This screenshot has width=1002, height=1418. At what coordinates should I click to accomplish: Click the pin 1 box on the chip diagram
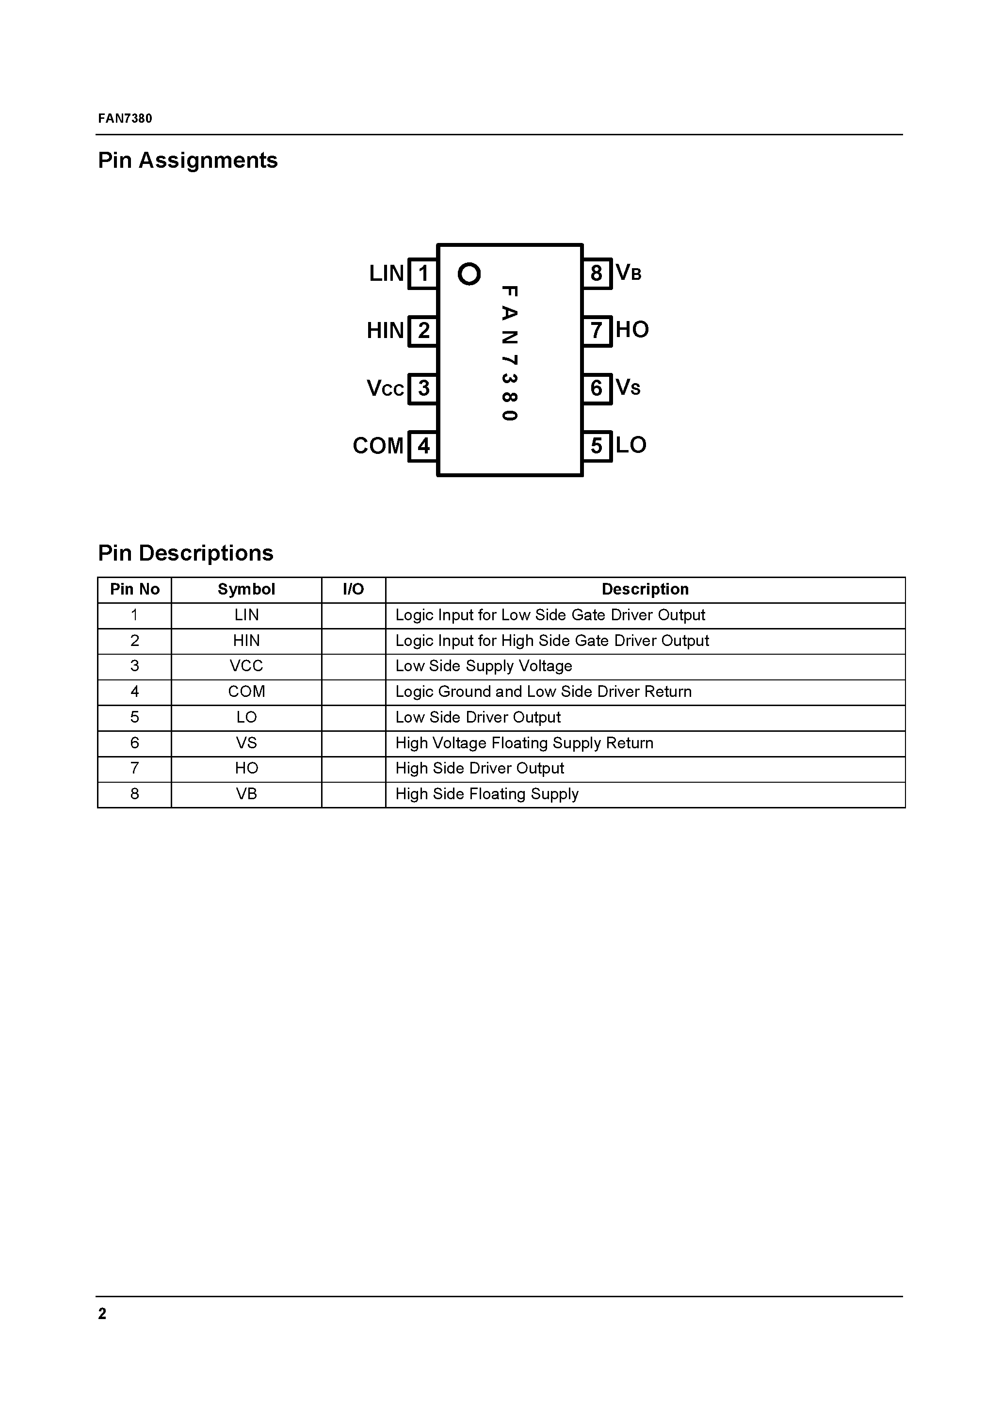click(x=423, y=273)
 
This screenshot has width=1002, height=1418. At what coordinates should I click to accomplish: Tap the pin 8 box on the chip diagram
click(x=596, y=273)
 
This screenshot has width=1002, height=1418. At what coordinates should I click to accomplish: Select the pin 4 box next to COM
click(x=423, y=445)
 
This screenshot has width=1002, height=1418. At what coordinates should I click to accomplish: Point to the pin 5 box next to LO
click(x=596, y=445)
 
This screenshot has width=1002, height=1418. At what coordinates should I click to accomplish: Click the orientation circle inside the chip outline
click(x=469, y=273)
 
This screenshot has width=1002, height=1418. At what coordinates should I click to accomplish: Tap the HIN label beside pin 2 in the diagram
click(x=385, y=330)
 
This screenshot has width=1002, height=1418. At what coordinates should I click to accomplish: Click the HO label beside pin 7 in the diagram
click(x=632, y=330)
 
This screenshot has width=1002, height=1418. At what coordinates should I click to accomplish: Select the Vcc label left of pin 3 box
click(x=385, y=388)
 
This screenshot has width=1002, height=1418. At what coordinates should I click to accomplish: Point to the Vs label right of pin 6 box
click(x=628, y=388)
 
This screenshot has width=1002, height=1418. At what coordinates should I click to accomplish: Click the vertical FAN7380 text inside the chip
click(x=509, y=353)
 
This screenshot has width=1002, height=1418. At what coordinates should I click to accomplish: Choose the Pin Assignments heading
click(x=188, y=161)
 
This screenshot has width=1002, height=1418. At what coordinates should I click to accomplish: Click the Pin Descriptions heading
click(x=185, y=553)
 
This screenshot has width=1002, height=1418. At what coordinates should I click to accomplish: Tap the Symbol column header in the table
click(x=246, y=589)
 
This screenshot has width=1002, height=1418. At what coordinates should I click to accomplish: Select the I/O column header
click(x=354, y=589)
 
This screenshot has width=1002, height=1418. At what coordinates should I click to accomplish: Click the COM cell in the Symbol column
click(x=246, y=692)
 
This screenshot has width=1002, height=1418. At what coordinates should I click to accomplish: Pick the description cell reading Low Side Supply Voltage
click(x=484, y=666)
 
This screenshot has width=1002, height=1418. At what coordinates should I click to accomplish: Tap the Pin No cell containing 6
click(x=135, y=743)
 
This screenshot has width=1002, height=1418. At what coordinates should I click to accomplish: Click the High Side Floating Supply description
click(x=487, y=794)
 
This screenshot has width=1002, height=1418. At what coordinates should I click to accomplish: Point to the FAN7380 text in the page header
click(x=125, y=118)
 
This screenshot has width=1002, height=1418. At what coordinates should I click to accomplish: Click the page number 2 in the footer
click(x=102, y=1314)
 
